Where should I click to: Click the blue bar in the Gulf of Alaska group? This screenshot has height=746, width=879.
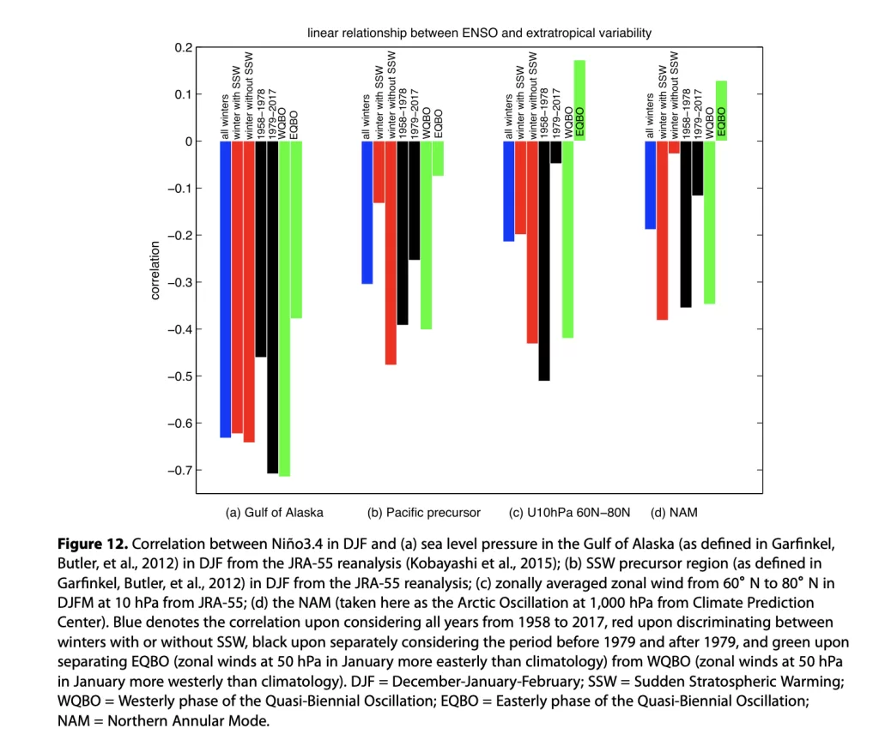[x=226, y=289]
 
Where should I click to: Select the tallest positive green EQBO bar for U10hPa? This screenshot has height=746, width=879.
[x=579, y=100]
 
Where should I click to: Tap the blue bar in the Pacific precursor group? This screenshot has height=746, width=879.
[x=367, y=213]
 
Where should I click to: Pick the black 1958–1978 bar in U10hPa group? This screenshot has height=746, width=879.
[x=543, y=261]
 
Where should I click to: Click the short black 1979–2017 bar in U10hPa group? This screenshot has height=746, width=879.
[x=555, y=153]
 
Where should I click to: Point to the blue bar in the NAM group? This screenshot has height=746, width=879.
[x=651, y=185]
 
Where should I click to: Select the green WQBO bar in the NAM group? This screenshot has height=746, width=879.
[x=709, y=222]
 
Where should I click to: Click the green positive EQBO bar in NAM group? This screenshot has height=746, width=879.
[x=721, y=111]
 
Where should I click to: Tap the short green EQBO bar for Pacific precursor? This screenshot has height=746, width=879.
[x=438, y=159]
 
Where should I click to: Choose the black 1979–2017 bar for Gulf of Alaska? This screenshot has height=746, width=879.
[x=272, y=307]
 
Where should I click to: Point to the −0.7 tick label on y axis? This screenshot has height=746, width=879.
[x=180, y=471]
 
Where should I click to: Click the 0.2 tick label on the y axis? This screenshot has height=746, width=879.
[x=184, y=48]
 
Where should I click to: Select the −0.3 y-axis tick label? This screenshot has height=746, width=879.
[x=180, y=282]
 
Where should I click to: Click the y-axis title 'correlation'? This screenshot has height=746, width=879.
[x=155, y=270]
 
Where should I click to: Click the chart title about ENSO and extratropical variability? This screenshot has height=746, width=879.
[x=479, y=33]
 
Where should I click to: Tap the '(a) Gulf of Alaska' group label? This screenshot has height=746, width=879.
[x=274, y=513]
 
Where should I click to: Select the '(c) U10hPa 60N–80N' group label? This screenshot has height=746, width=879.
[x=569, y=513]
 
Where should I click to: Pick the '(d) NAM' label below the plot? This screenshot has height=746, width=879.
[x=674, y=513]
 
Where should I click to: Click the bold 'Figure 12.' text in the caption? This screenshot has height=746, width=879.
[x=93, y=544]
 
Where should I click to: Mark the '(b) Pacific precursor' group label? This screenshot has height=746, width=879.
[x=424, y=513]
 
